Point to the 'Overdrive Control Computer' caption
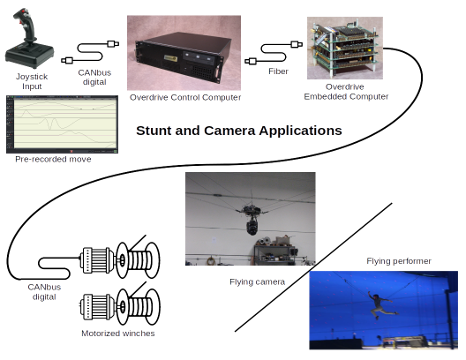tap(184, 96)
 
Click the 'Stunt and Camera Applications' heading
tap(239, 130)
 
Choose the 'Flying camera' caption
tap(258, 282)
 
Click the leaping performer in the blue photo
tap(379, 301)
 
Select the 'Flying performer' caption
tap(398, 261)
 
